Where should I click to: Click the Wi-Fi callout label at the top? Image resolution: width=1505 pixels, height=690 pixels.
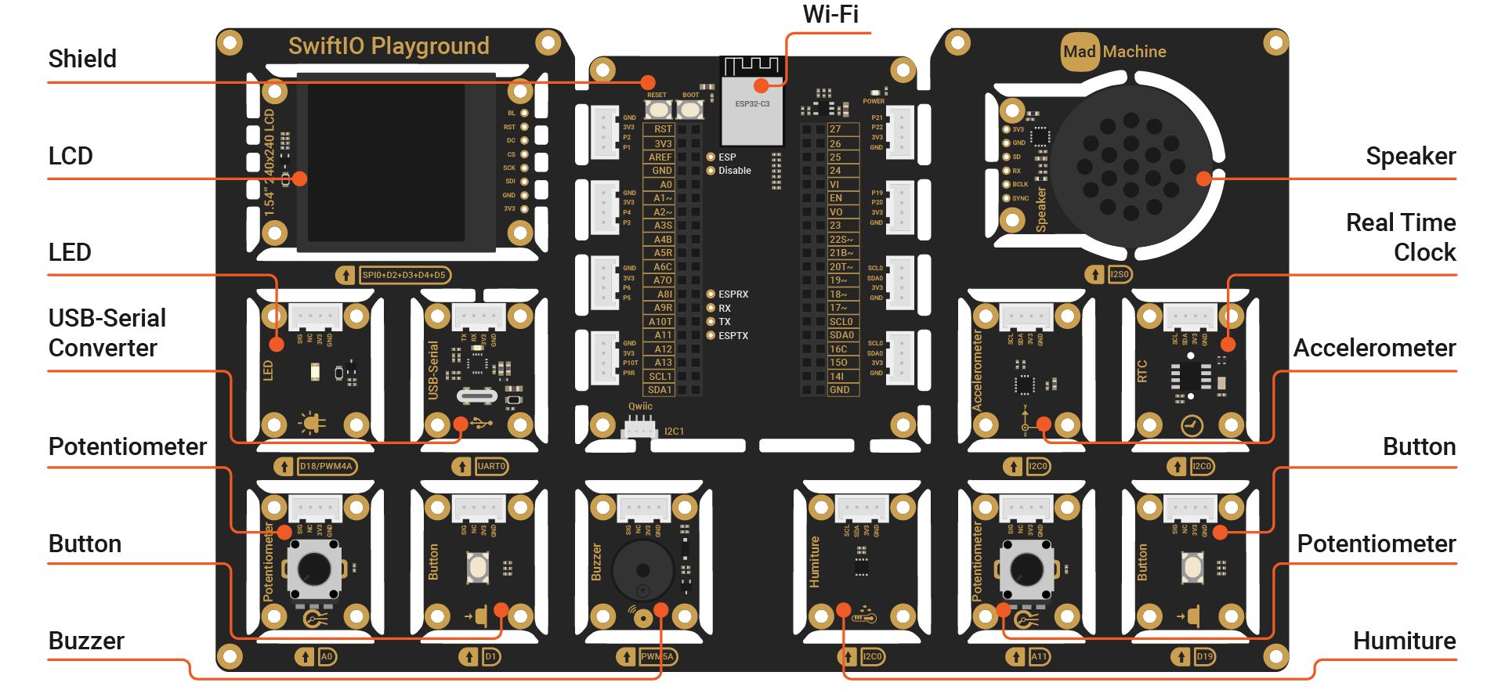[830, 15]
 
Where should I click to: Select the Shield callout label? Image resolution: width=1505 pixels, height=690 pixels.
[82, 60]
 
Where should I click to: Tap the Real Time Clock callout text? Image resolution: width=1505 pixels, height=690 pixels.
[1401, 237]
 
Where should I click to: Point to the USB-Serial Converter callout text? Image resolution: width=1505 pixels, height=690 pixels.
[107, 333]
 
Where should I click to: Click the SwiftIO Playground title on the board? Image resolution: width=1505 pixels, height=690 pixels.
[389, 46]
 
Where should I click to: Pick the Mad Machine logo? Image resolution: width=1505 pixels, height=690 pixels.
[1114, 52]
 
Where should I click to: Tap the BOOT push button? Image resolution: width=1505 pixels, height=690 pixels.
[689, 110]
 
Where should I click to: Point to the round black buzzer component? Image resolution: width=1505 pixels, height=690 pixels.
[642, 570]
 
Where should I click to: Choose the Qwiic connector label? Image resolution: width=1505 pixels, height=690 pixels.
[640, 406]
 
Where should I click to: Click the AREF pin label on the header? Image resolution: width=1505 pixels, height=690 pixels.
[660, 157]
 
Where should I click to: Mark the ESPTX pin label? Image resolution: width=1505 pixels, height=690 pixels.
[733, 336]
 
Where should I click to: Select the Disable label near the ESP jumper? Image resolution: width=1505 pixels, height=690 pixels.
[735, 171]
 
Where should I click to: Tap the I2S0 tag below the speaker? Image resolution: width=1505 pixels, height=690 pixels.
[1120, 275]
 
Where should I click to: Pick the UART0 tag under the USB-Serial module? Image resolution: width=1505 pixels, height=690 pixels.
[491, 467]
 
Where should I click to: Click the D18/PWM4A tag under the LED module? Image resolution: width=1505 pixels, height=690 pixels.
[326, 467]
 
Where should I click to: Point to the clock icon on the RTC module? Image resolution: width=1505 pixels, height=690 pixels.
[1192, 425]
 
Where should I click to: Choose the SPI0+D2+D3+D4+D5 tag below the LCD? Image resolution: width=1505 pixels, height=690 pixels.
[404, 275]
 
